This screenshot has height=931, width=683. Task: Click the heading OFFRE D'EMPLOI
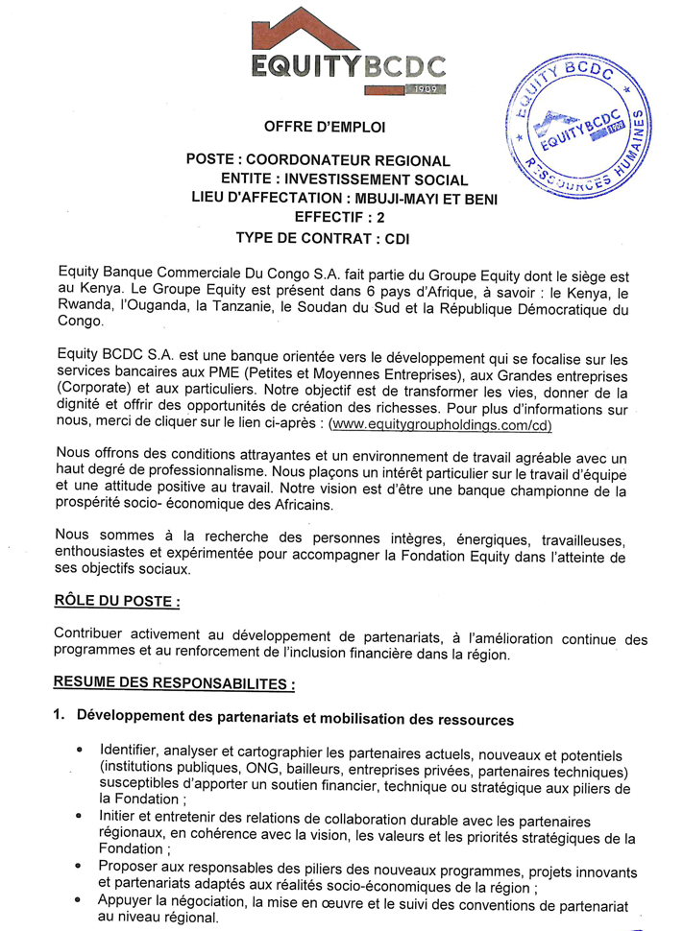click(x=324, y=127)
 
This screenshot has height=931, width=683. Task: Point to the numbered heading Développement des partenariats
click(x=294, y=718)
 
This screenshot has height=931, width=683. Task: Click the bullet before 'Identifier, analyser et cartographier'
click(x=78, y=749)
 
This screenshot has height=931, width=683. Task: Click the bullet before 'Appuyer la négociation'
click(x=78, y=899)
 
